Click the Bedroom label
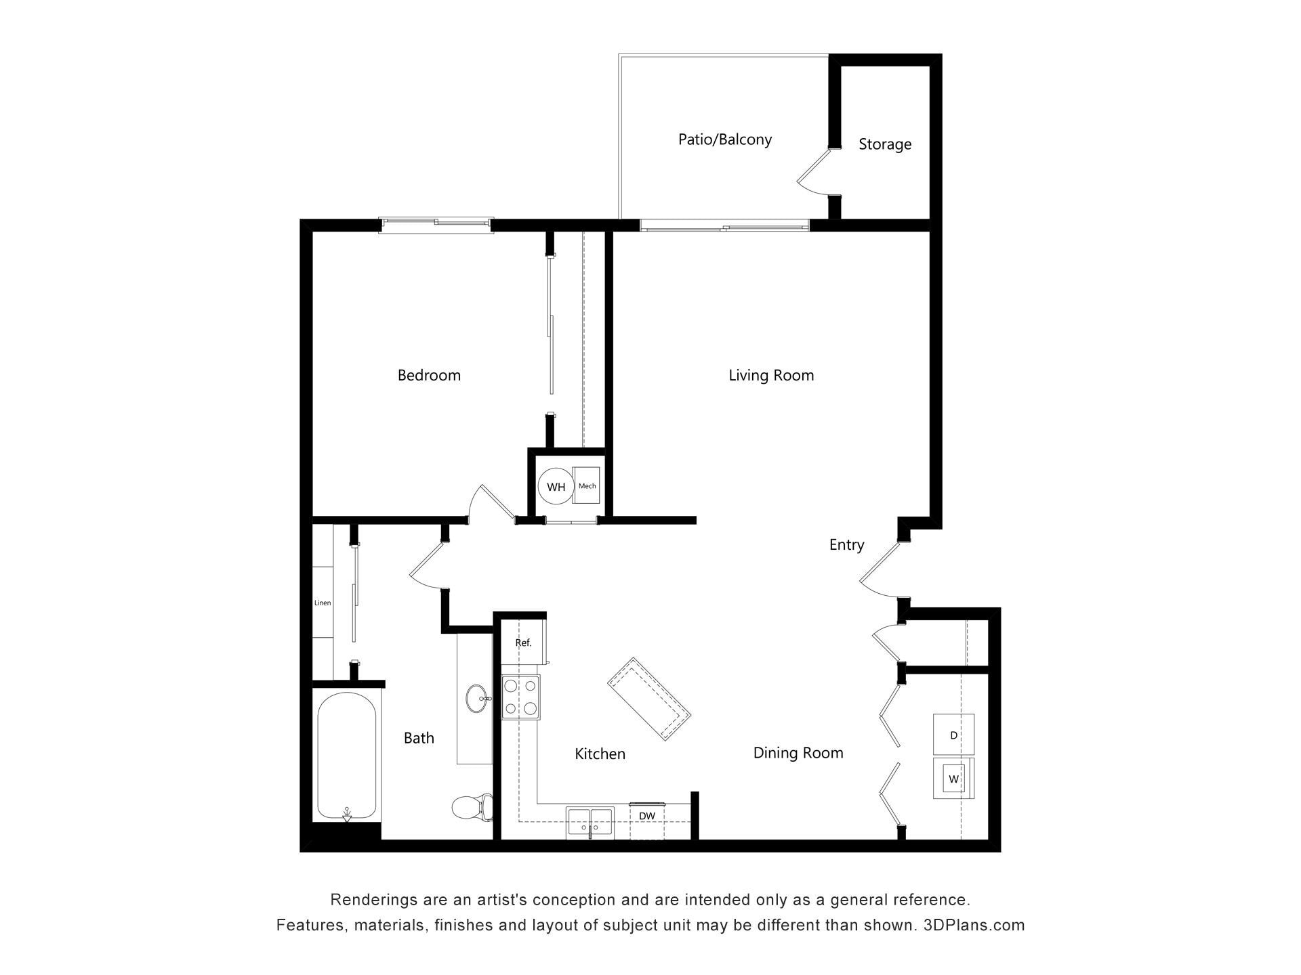429,375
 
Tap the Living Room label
771,375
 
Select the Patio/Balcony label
725,139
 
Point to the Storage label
885,144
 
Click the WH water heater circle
556,487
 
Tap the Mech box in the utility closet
587,486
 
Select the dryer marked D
953,735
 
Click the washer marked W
953,779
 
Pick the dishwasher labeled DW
647,817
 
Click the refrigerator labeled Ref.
523,643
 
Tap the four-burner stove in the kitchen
520,697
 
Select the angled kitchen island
648,699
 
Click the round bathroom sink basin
477,698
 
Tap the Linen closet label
323,603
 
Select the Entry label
846,544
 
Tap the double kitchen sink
590,822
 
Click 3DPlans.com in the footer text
974,925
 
